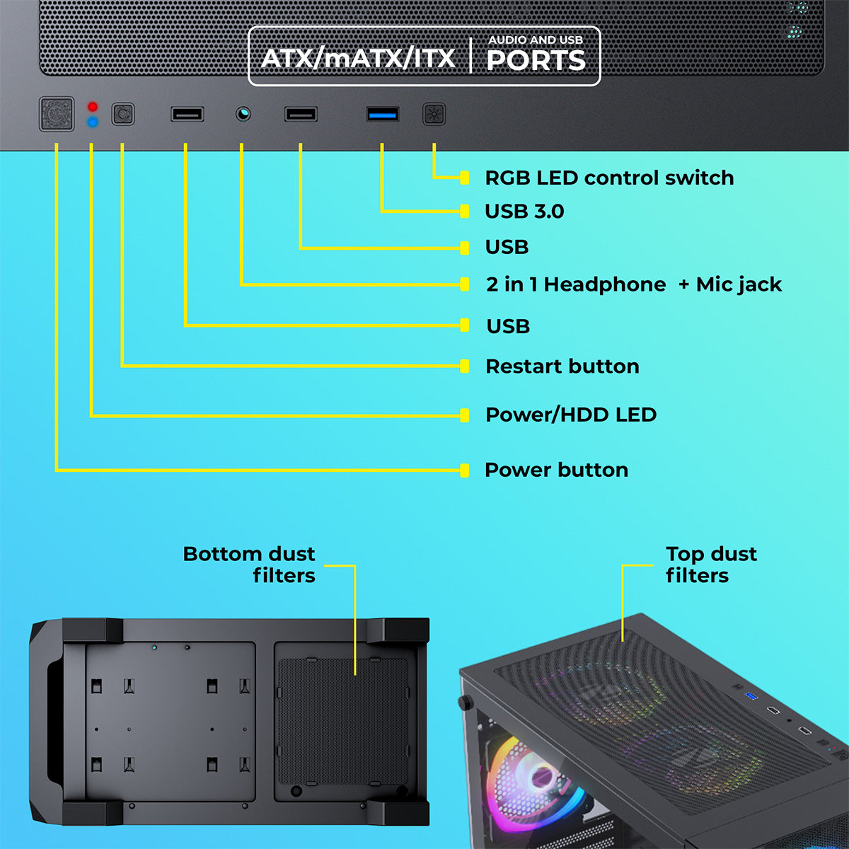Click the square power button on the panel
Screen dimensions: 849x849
pyautogui.click(x=57, y=114)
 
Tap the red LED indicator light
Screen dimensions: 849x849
pyautogui.click(x=93, y=107)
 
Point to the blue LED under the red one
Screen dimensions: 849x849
pyautogui.click(x=93, y=122)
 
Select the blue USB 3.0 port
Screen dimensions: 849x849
pyautogui.click(x=383, y=115)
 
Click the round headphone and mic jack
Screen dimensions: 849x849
pyautogui.click(x=243, y=114)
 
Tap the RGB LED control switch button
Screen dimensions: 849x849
pyautogui.click(x=434, y=115)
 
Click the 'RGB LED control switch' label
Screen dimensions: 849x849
pyautogui.click(x=609, y=178)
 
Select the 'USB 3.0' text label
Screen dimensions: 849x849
pyautogui.click(x=524, y=212)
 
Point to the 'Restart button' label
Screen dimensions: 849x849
pyautogui.click(x=562, y=366)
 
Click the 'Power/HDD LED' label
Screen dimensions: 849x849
pyautogui.click(x=571, y=415)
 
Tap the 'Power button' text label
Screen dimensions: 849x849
pyautogui.click(x=557, y=470)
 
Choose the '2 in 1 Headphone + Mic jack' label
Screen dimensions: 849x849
pyautogui.click(x=634, y=284)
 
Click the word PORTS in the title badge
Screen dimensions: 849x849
pyautogui.click(x=536, y=60)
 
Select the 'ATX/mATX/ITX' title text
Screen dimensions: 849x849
pyautogui.click(x=358, y=59)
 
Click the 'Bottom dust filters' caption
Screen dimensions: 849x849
pyautogui.click(x=249, y=565)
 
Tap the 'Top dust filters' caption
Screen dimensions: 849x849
pyautogui.click(x=711, y=565)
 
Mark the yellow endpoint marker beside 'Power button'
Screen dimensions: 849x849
pyautogui.click(x=464, y=470)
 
